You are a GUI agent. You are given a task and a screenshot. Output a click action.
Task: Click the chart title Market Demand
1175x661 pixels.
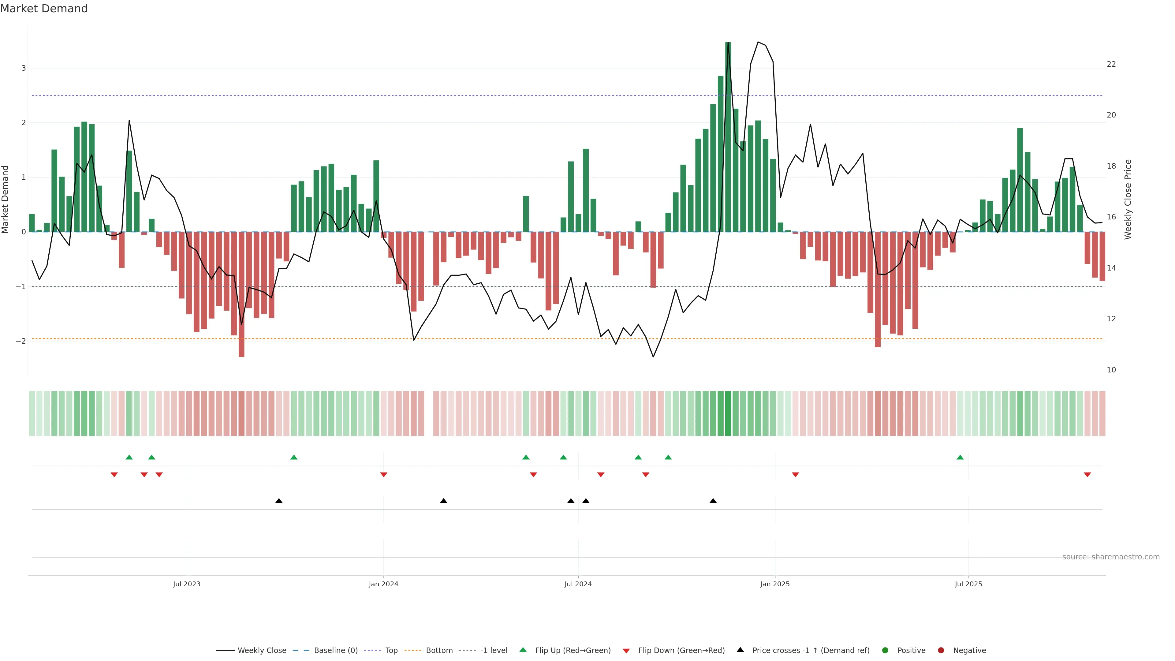(x=44, y=9)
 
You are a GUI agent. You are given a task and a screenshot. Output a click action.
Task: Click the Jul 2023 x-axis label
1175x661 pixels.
(x=187, y=584)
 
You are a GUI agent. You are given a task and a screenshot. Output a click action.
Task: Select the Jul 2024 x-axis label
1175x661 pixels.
(x=578, y=584)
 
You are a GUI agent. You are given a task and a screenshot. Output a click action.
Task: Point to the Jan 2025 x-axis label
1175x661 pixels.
(x=774, y=584)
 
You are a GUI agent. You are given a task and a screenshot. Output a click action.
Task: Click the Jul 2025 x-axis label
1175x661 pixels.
(x=968, y=584)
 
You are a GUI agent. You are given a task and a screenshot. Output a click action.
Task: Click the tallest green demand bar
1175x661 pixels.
(x=728, y=137)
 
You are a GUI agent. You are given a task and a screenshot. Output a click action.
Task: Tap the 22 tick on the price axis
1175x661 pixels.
(x=1111, y=64)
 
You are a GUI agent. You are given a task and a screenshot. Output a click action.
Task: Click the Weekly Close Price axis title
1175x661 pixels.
(x=1128, y=199)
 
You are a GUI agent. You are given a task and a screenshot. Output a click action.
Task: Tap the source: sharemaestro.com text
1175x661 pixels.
(x=1111, y=557)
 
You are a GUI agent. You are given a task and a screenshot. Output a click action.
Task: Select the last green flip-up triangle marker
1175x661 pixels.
(x=960, y=457)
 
